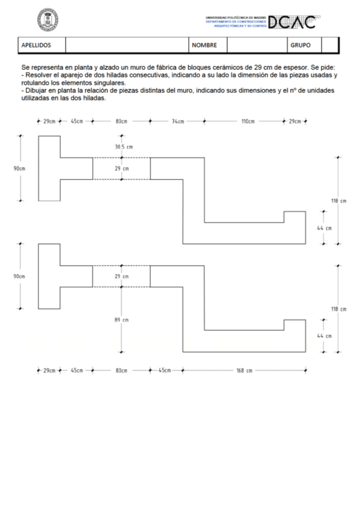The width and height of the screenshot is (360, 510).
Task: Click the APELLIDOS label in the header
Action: point(36,45)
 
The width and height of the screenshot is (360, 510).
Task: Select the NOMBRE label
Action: point(204,45)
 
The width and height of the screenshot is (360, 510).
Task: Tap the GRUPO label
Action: point(301,45)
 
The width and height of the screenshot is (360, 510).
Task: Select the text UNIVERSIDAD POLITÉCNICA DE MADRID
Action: point(236,18)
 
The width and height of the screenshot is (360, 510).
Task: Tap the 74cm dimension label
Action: point(178,121)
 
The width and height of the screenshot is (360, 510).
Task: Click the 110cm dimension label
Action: point(248,121)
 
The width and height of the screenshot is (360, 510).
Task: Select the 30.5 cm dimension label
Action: point(124,147)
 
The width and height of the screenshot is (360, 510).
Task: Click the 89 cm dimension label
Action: point(122,320)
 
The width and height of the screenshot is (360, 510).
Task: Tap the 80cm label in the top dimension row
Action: point(121,121)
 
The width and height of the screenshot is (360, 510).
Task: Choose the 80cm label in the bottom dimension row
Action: point(121,370)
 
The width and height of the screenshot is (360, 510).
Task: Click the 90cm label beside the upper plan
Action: point(19,168)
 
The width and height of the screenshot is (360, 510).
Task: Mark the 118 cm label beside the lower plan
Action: point(339,309)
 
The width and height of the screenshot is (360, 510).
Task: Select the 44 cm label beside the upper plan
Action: point(324,229)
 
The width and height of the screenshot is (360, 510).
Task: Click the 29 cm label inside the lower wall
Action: point(122,276)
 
